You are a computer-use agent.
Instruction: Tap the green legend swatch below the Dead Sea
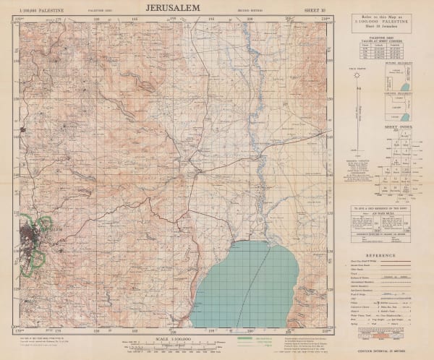coord(244,338)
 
